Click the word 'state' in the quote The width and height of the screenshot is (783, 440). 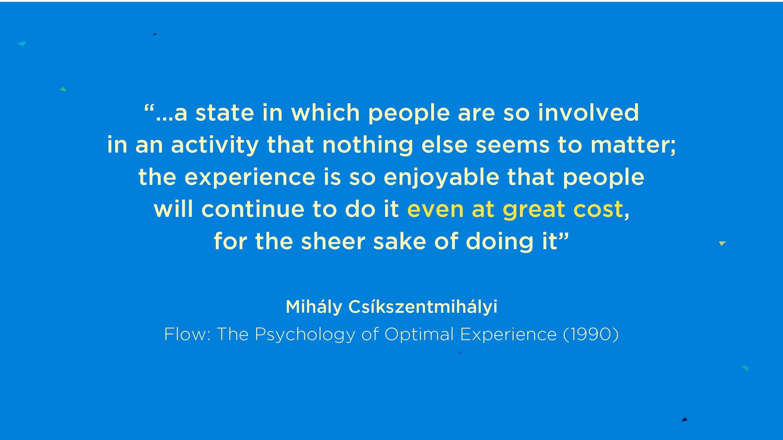tap(225, 113)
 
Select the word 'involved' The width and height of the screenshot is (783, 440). tap(588, 113)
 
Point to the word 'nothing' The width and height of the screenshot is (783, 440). tap(367, 146)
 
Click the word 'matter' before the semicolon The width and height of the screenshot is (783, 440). tap(630, 145)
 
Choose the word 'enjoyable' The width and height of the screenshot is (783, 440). tap(441, 178)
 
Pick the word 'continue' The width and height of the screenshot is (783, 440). tap(253, 209)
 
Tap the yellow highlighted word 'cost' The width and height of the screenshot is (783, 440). tap(598, 210)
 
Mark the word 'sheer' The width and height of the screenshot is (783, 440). tap(333, 241)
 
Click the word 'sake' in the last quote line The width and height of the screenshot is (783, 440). tap(400, 241)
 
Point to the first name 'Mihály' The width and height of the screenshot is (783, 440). tap(314, 307)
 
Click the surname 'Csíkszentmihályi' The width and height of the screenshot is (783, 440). tap(423, 307)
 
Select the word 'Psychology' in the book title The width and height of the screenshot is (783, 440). tap(305, 335)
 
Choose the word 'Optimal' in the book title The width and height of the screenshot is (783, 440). tap(419, 335)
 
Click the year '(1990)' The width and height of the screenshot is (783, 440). tap(591, 334)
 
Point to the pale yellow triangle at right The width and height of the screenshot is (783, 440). tap(722, 243)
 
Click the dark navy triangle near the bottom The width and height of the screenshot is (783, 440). tap(685, 419)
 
